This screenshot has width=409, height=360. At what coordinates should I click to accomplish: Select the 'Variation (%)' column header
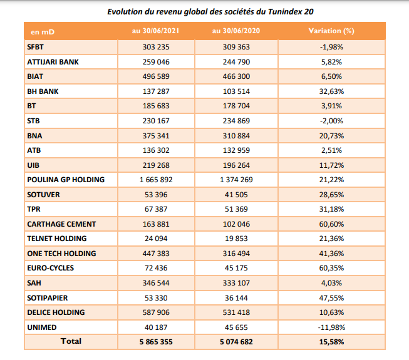331,31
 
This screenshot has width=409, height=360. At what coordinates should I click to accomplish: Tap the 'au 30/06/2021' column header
156,31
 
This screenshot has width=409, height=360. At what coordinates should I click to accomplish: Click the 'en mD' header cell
43,32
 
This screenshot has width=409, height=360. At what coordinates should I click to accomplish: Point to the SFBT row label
36,47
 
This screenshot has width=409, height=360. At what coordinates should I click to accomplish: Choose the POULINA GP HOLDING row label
66,180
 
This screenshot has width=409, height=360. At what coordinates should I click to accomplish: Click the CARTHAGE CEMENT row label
61,224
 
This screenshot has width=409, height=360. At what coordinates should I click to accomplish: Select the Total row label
71,341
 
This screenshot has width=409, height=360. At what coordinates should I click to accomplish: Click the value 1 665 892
156,180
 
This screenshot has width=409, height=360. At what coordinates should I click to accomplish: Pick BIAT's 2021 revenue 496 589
156,76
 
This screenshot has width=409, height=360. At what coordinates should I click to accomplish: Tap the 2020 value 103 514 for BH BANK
236,91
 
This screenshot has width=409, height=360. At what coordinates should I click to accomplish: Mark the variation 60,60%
331,224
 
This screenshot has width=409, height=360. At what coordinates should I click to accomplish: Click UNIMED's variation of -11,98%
331,327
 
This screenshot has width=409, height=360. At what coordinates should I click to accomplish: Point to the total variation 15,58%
331,342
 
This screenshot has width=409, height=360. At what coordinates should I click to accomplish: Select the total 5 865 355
156,342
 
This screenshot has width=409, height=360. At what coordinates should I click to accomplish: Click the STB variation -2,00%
331,121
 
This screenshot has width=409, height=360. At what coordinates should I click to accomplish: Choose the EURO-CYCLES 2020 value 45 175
236,268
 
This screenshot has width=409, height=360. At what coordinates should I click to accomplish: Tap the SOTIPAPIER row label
48,297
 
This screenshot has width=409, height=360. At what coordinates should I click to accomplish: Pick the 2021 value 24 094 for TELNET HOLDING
156,239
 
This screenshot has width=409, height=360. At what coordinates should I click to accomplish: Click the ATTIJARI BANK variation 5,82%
331,62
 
